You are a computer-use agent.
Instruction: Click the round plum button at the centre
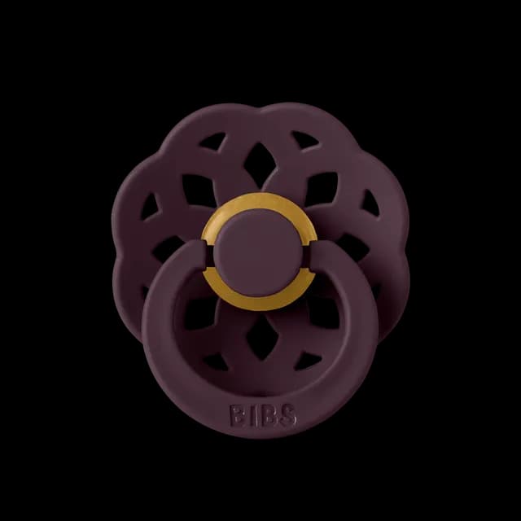click(259, 252)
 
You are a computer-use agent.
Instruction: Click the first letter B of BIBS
click(237, 415)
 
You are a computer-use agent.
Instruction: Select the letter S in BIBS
click(287, 415)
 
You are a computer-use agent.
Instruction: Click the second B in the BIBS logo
click(267, 415)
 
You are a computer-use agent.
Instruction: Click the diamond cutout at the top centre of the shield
click(260, 161)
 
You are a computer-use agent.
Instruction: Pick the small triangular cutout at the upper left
click(212, 142)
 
